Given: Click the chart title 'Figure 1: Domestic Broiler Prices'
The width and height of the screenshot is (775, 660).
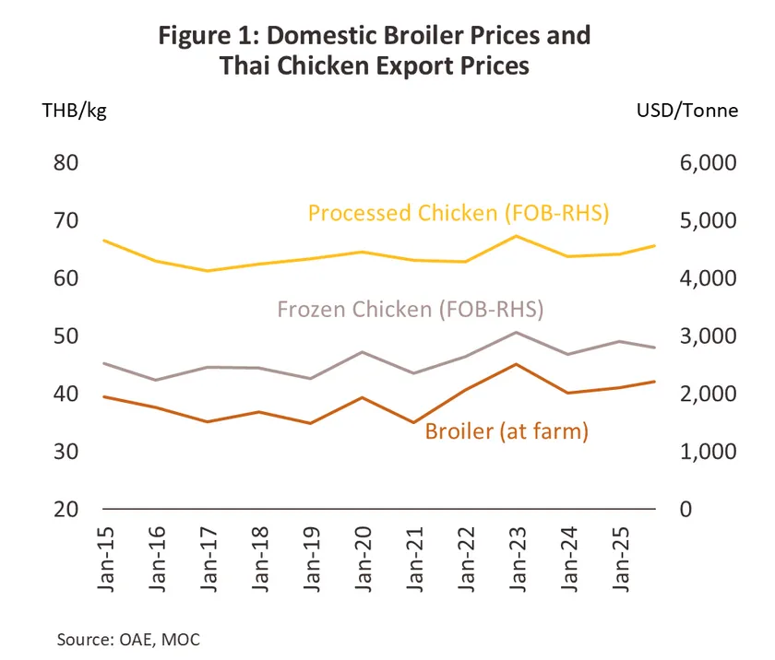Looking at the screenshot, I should coord(374,37).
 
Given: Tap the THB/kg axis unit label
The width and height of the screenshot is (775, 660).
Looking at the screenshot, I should coord(76,111).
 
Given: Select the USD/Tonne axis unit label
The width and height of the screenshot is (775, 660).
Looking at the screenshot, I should coord(687,111).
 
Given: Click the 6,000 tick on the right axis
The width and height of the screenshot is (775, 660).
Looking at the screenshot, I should coord(697,163).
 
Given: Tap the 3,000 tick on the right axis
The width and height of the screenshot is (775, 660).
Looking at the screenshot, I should coord(697,336).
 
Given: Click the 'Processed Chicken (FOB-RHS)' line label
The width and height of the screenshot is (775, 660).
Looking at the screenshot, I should coord(459,214).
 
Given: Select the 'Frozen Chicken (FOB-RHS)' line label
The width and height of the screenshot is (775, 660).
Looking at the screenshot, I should coord(410,310).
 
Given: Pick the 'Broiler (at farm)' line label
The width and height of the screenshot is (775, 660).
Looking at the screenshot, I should coord(507,430).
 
